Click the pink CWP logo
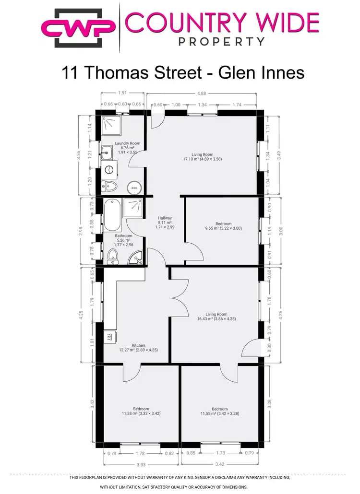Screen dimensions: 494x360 [79, 28]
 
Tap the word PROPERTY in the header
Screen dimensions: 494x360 [221, 41]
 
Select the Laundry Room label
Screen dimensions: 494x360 [127, 143]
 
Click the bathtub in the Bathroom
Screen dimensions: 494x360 [112, 215]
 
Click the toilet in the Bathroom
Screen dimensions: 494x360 [113, 256]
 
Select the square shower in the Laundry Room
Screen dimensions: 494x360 [111, 126]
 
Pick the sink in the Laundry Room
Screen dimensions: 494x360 [108, 153]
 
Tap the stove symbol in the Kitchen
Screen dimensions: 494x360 [109, 337]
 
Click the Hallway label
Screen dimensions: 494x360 [165, 218]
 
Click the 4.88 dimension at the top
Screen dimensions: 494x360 [205, 94]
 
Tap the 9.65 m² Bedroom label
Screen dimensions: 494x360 [223, 224]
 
